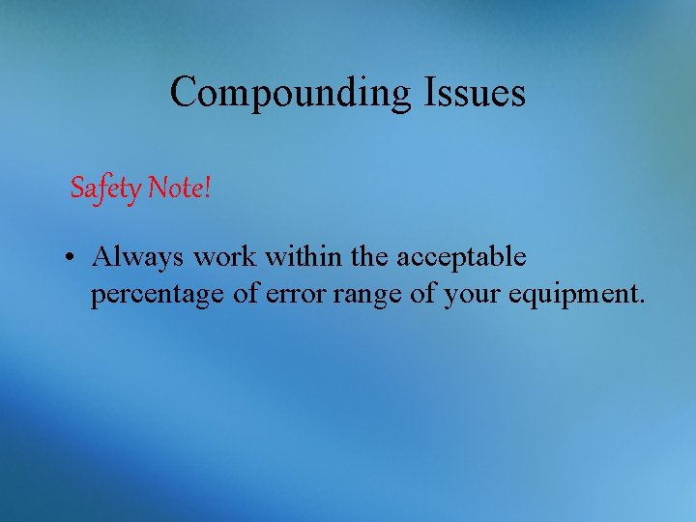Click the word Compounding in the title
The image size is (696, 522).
tap(291, 93)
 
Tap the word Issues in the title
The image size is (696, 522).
tap(474, 92)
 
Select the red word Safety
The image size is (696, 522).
tap(106, 188)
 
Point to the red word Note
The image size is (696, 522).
tap(174, 188)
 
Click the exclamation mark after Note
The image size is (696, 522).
tap(206, 188)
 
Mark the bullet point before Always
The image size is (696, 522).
tap(73, 258)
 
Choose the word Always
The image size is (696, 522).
tap(138, 257)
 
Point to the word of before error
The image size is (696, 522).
tap(246, 294)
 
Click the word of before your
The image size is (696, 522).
tap(423, 294)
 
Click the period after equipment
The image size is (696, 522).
tap(640, 303)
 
